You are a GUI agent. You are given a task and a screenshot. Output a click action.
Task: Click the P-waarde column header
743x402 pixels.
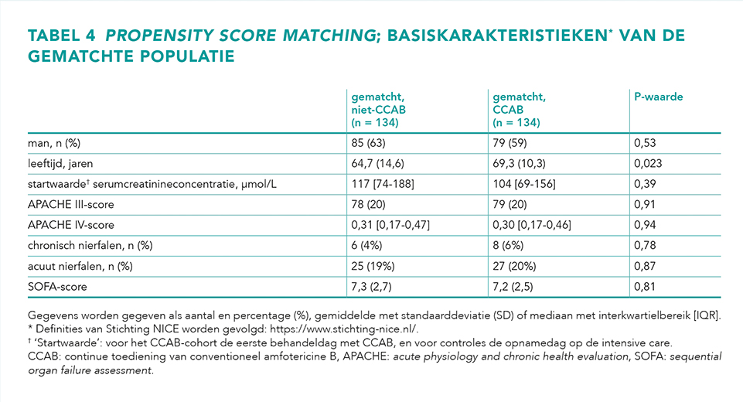coord(658,97)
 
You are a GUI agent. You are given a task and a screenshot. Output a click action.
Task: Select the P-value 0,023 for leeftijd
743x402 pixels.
coord(648,164)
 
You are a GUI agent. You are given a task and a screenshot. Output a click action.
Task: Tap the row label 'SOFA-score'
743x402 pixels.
coord(57,287)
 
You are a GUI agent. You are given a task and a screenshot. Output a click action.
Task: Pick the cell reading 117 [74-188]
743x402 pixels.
coord(383,184)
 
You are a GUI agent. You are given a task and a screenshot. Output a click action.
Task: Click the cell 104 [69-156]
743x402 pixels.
coord(524,184)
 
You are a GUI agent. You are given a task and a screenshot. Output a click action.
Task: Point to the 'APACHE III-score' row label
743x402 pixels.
coord(71,205)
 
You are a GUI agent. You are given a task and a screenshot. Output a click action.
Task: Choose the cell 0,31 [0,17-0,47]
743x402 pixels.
coord(390,225)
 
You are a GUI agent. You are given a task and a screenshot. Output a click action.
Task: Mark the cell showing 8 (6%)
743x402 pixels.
coord(508,246)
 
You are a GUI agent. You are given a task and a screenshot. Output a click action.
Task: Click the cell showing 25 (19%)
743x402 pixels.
coord(373,267)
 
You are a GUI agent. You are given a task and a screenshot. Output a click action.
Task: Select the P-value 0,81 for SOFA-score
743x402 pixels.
coord(645,287)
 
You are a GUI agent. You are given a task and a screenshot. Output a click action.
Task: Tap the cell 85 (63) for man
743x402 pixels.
coord(368,143)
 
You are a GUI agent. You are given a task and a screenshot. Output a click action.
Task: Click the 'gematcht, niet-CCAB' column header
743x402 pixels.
coord(379,110)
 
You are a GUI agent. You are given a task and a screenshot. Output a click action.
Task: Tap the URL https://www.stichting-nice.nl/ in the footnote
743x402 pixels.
coord(343,329)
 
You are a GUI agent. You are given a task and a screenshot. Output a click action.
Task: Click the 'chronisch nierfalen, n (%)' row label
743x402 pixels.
coord(90,246)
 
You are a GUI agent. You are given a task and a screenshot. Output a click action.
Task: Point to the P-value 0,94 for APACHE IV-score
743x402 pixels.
coord(645,225)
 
